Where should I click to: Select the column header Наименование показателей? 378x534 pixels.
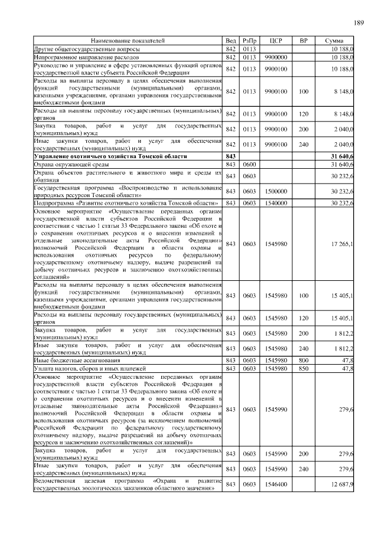[x=128, y=40]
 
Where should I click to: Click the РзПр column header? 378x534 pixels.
[x=249, y=40]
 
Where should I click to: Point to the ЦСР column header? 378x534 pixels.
[x=276, y=40]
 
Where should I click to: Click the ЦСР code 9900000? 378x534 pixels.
[x=276, y=58]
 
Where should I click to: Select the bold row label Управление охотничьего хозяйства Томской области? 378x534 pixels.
[x=110, y=156]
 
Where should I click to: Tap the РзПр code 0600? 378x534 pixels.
[x=249, y=164]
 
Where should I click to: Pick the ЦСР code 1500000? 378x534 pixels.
[x=276, y=191]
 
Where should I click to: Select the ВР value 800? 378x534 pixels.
[x=304, y=359]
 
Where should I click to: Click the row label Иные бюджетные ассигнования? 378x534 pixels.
[x=77, y=359]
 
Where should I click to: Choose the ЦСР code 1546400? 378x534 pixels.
[x=276, y=484]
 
